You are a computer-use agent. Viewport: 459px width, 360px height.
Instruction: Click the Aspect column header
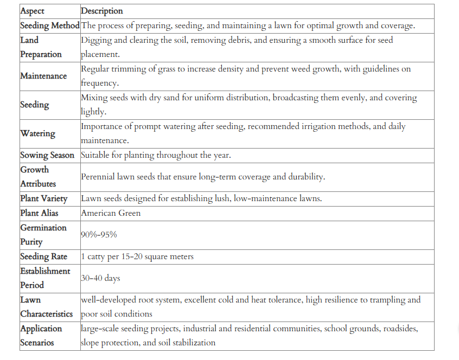coord(33,11)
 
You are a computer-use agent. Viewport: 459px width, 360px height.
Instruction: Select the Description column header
coord(102,11)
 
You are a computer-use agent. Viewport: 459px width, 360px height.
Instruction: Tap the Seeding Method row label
coord(50,25)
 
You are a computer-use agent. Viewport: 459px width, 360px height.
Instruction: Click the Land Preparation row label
coord(41,47)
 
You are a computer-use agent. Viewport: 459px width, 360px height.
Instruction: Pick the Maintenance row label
coord(43,76)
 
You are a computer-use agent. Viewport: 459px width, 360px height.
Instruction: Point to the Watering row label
coord(37,133)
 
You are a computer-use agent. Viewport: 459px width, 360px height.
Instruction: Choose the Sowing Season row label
coord(47,155)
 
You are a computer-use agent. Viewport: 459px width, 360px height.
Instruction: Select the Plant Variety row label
coord(44,198)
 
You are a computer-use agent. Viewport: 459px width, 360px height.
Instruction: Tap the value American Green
coord(111,213)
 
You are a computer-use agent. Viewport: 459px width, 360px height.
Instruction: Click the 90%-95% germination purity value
coord(99,235)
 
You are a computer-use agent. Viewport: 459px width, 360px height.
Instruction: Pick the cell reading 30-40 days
coord(100,278)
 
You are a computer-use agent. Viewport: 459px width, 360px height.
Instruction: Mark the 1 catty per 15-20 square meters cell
coord(137,256)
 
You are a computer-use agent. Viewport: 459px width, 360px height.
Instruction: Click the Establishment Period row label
coord(45,278)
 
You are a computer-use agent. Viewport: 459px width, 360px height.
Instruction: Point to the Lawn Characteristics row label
coord(46,307)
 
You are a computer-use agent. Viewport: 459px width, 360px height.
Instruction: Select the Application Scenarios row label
coord(42,336)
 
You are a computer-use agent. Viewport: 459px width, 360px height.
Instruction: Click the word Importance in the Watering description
coord(103,126)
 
